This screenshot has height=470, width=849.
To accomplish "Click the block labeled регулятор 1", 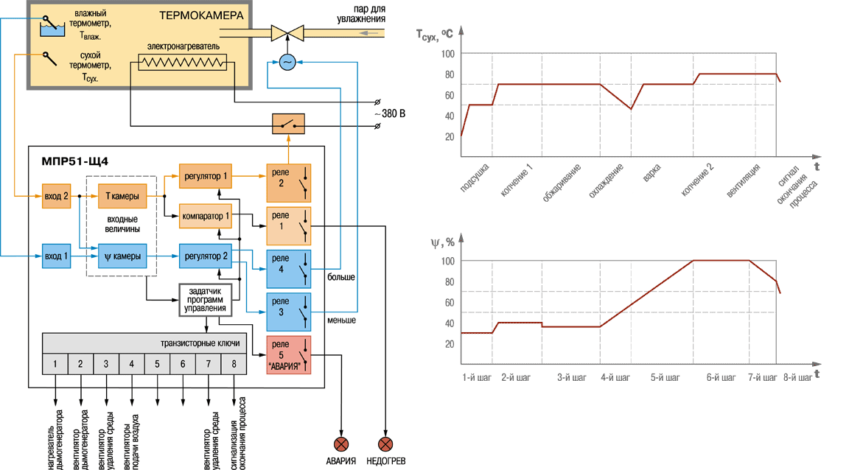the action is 205,176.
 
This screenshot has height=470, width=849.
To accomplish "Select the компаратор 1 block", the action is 205,216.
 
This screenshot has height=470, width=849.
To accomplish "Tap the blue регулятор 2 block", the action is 205,256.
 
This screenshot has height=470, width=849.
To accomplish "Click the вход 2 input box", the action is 56,196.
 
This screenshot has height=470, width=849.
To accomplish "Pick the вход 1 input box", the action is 56,256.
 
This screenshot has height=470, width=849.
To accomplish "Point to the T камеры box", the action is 122,196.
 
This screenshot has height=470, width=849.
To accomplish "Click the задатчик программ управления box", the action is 205,300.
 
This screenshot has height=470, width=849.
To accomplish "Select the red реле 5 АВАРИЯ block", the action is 289,355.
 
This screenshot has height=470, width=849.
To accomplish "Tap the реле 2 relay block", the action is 289,183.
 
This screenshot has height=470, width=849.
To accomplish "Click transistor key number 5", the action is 157,364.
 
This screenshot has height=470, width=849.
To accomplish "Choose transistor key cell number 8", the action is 234,364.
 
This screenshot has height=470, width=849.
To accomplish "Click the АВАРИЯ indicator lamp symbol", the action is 341,444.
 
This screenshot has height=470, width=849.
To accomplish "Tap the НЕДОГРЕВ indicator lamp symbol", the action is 385,444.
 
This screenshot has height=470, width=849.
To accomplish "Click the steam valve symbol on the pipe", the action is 287,33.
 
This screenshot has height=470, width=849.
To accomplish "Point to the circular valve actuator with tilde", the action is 287,63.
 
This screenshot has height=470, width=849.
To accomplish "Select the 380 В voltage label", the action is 390,113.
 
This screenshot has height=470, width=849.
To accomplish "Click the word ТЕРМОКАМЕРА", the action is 201,15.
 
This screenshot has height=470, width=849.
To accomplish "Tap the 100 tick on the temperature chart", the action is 448,54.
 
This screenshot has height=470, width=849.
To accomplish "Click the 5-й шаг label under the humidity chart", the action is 665,377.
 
